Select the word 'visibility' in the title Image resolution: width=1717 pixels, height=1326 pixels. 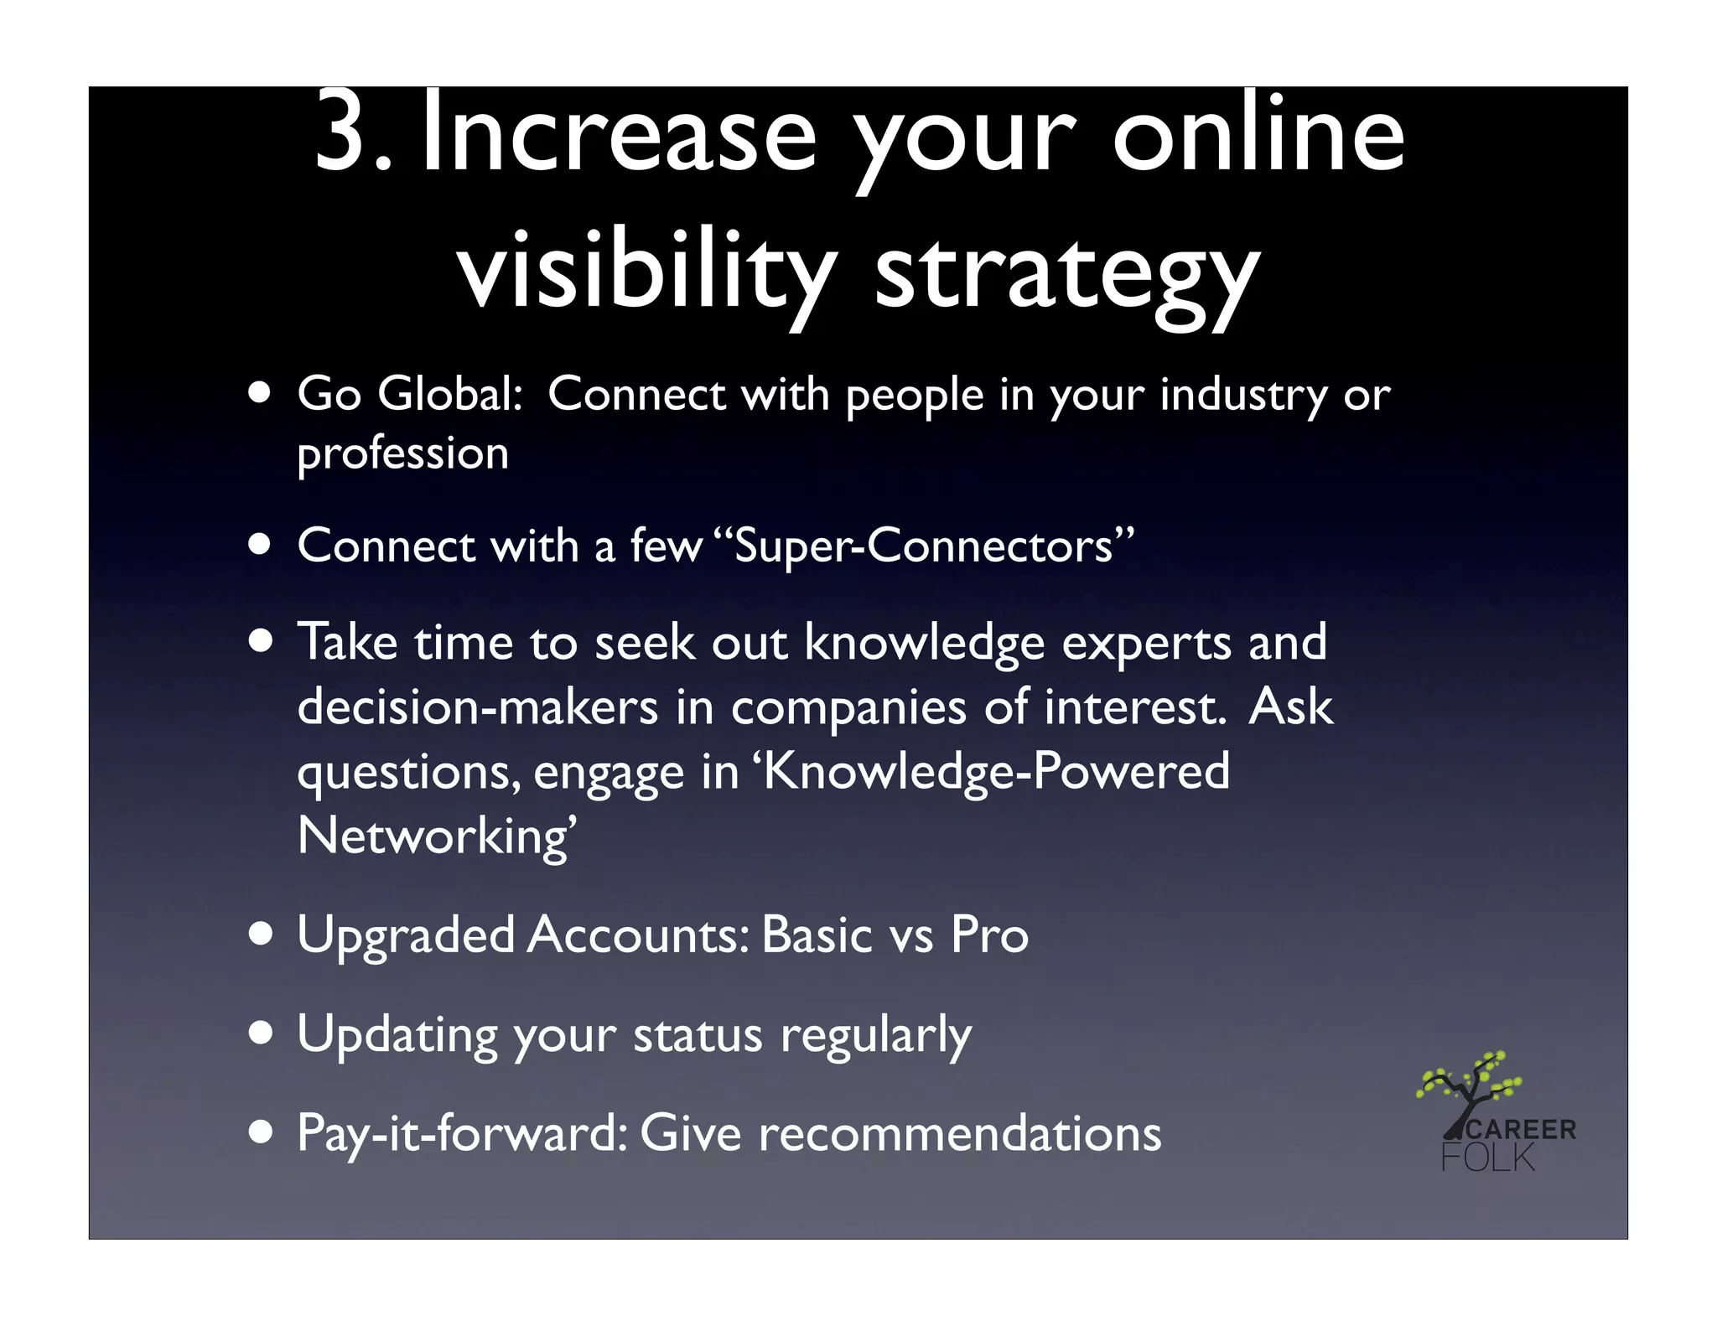click(646, 270)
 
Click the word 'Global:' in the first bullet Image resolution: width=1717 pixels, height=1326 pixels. click(450, 393)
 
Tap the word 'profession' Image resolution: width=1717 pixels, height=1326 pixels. click(403, 455)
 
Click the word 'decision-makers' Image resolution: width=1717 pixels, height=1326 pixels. click(478, 707)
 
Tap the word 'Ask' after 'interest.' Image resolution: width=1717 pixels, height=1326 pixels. click(1290, 706)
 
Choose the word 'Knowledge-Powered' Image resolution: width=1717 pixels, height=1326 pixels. click(996, 771)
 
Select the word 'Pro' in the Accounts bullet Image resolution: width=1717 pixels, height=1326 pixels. click(989, 935)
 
